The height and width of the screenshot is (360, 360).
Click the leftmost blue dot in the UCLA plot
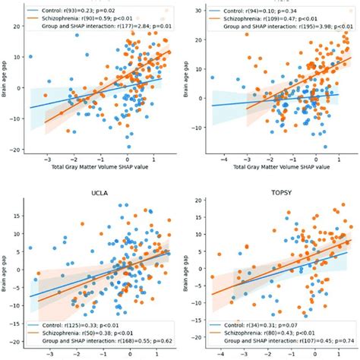[x=30, y=248]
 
